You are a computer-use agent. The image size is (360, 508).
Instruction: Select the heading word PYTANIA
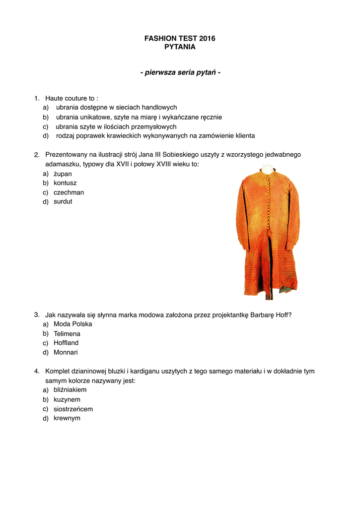click(180, 47)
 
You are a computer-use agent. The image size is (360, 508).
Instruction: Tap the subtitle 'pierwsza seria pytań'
click(180, 73)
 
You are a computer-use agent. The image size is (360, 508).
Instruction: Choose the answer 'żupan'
click(63, 174)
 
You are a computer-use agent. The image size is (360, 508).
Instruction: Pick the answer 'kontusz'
click(65, 183)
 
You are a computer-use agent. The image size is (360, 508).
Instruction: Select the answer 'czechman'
click(69, 192)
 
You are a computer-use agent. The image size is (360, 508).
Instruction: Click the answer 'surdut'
click(63, 202)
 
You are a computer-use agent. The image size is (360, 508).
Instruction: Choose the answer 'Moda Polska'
click(72, 324)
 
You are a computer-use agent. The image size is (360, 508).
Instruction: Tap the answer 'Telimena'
click(67, 334)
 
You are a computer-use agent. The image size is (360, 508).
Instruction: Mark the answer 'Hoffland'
click(66, 343)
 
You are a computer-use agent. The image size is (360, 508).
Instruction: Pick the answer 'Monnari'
click(66, 353)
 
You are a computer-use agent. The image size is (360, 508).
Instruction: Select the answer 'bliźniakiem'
click(70, 390)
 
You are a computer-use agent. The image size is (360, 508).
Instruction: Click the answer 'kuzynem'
click(67, 399)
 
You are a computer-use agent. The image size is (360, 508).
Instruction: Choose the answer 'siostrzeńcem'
click(73, 409)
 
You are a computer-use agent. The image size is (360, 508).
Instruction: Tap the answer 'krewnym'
click(67, 418)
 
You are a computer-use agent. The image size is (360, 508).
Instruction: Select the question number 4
click(37, 371)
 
